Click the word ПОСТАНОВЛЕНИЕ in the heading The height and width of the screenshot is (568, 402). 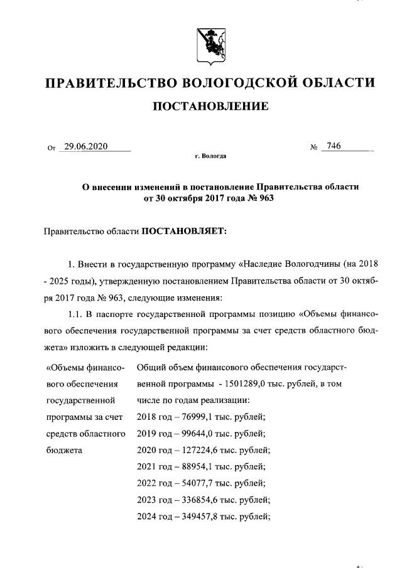[x=211, y=107]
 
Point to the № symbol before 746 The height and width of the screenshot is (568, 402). [x=313, y=147]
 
